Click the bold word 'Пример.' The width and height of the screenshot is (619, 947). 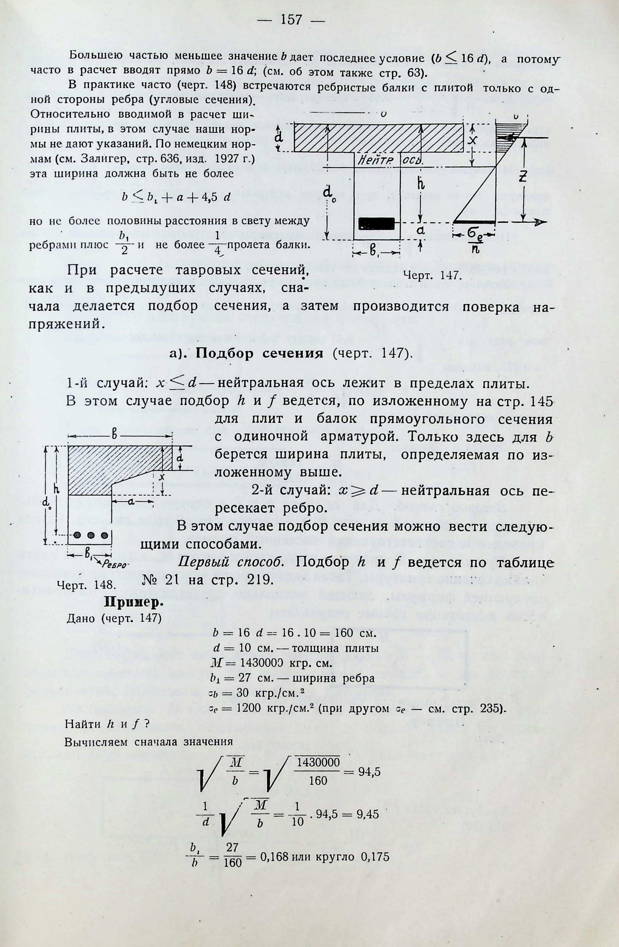[x=134, y=603]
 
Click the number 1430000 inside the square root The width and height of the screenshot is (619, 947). [x=318, y=762]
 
